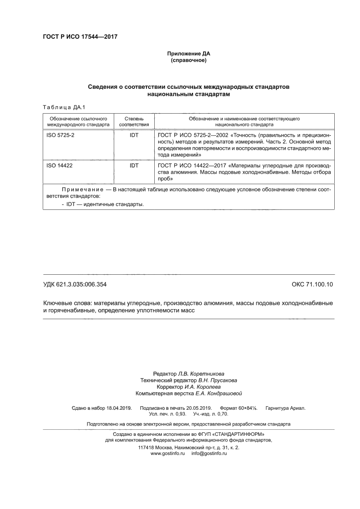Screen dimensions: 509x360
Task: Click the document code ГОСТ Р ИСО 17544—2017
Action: (x=80, y=37)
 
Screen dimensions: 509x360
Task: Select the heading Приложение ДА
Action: (x=188, y=54)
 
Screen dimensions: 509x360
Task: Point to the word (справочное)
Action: (x=188, y=60)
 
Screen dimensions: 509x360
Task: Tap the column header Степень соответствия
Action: (x=134, y=121)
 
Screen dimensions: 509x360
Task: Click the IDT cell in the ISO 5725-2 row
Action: (x=134, y=135)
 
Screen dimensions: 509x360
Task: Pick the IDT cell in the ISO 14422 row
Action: (x=134, y=165)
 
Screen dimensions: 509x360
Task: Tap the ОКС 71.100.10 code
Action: (x=312, y=285)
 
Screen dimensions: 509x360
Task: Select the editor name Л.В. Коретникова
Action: (x=201, y=374)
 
